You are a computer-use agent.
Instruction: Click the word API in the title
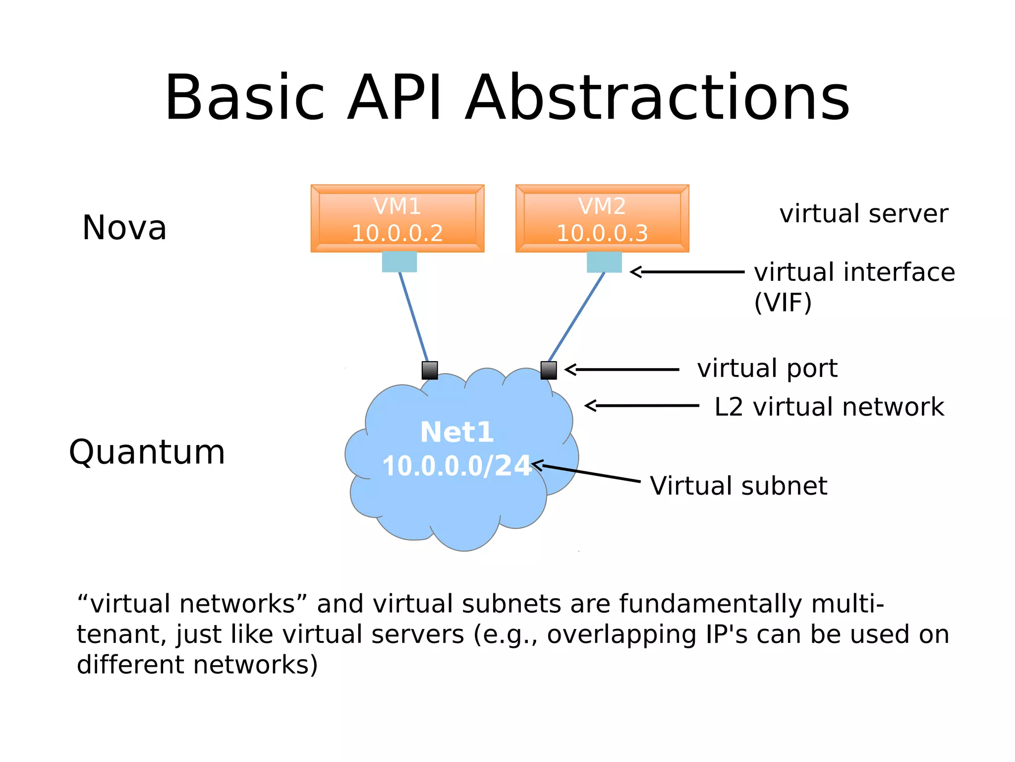tap(394, 97)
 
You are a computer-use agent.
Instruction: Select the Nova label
tap(124, 228)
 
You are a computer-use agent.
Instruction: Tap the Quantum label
tap(147, 452)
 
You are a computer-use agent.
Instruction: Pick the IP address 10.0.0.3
tap(602, 233)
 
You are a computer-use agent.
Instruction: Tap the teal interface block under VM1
tap(399, 262)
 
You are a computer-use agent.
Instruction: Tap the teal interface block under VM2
tap(604, 262)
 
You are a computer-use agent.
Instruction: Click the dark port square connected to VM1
tap(430, 370)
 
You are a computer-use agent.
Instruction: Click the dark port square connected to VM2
tap(549, 370)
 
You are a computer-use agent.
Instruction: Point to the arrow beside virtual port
tap(622, 370)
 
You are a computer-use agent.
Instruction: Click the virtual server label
tap(864, 214)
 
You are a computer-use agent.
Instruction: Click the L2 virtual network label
tap(829, 407)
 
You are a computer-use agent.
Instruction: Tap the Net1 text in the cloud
tap(457, 432)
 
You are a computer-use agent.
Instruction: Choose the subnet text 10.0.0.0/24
tap(457, 466)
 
